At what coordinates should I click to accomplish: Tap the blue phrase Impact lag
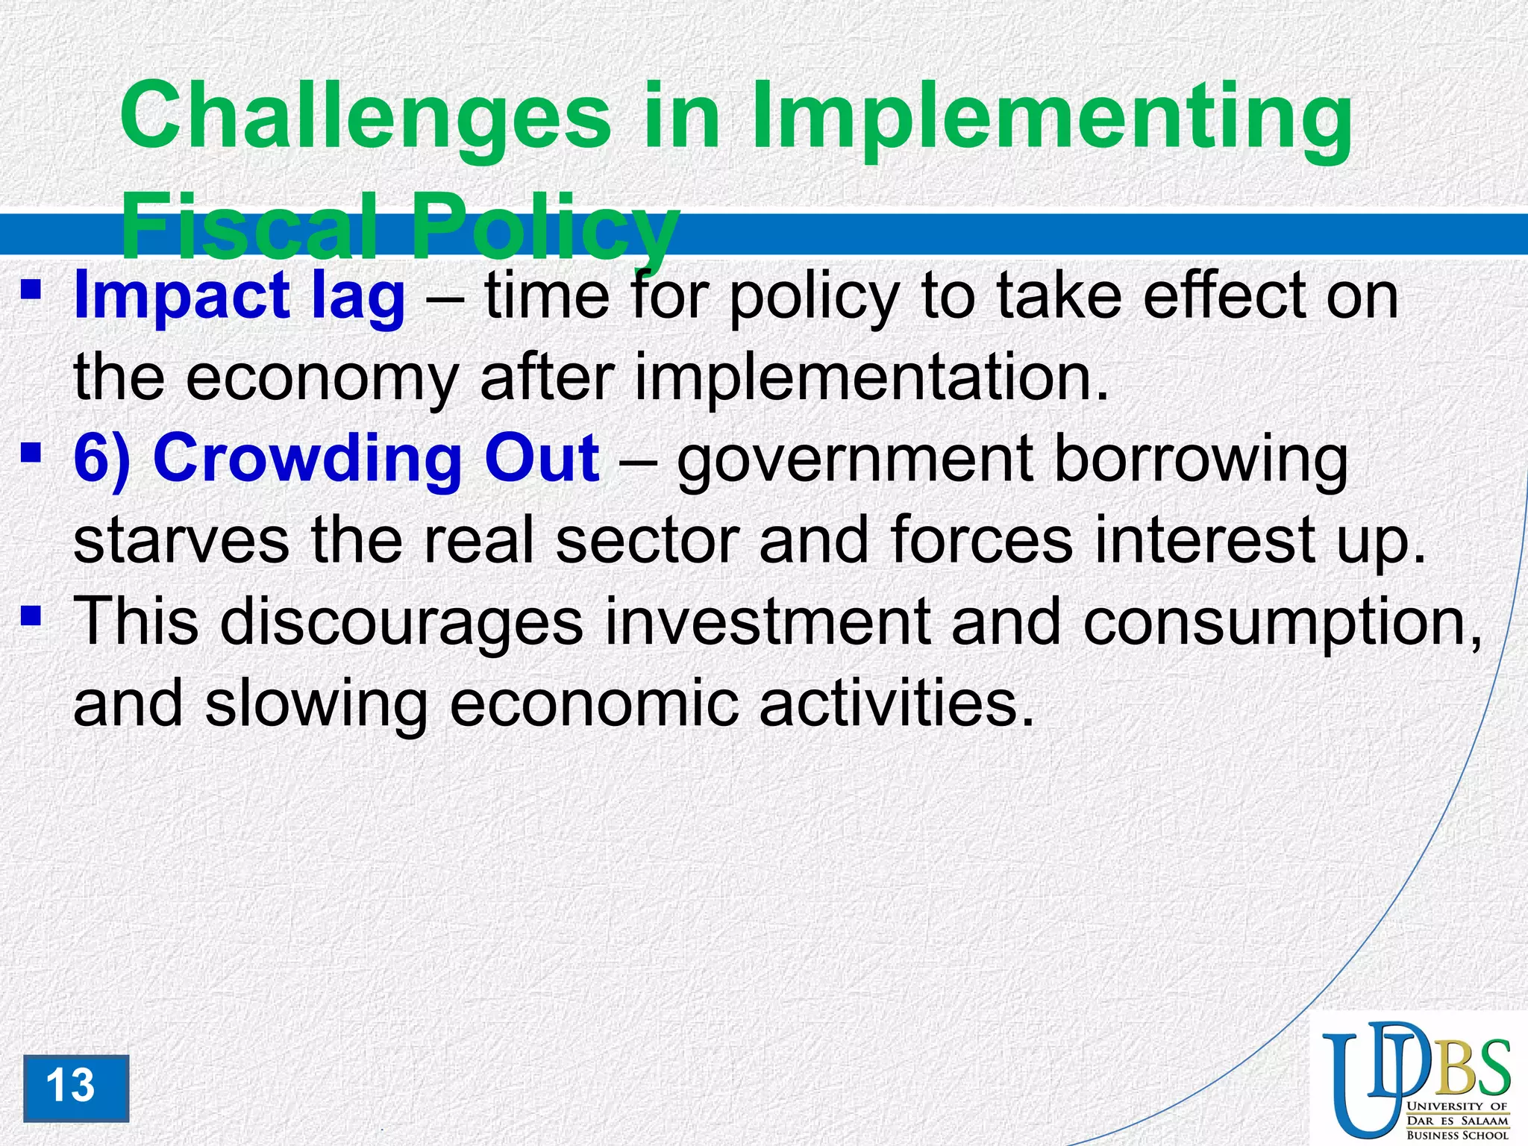pyautogui.click(x=239, y=296)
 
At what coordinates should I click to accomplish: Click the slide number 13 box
pyautogui.click(x=75, y=1087)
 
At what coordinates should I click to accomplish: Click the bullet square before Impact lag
pyautogui.click(x=31, y=288)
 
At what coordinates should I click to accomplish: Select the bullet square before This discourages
pyautogui.click(x=31, y=615)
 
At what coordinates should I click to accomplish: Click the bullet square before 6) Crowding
pyautogui.click(x=31, y=451)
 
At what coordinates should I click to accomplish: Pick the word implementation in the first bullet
pyautogui.click(x=870, y=377)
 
